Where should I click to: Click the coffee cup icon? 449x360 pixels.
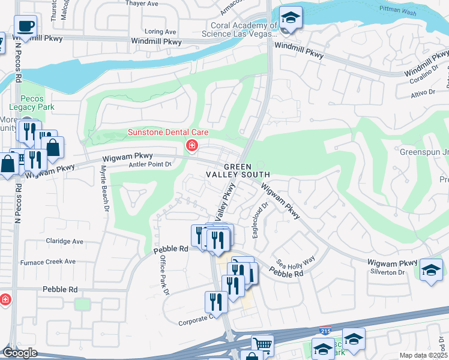[25, 26]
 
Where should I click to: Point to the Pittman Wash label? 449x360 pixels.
[399, 9]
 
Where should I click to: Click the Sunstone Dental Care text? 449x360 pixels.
[159, 132]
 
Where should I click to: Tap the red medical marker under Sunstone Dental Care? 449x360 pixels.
[192, 145]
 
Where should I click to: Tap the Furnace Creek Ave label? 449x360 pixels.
[48, 262]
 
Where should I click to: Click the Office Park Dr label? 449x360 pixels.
[164, 274]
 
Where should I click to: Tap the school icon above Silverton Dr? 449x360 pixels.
[431, 269]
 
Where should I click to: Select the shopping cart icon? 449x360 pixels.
[262, 345]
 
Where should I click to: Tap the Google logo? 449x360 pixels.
[19, 352]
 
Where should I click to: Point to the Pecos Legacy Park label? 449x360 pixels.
[37, 103]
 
